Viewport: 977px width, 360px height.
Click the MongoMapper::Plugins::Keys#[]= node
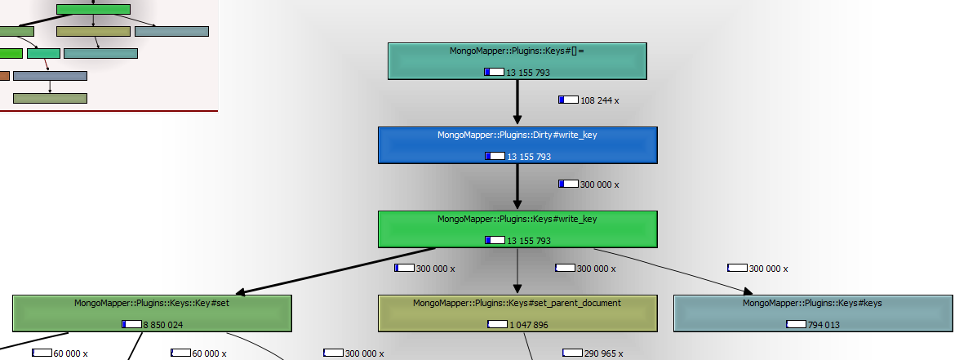[517, 61]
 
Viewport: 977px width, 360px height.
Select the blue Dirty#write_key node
[517, 145]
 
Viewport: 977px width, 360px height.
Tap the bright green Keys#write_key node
[517, 229]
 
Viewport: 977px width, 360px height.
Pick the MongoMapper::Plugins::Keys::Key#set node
[152, 313]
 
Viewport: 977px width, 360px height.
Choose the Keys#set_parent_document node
[517, 313]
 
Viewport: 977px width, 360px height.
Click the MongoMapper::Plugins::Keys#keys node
[813, 313]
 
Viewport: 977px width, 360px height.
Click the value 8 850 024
[163, 325]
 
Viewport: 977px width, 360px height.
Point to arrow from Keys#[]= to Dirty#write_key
[517, 103]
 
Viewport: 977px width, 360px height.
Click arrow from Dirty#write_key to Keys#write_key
[517, 187]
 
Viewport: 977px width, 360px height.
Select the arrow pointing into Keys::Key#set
[335, 270]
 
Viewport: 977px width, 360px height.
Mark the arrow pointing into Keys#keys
[673, 271]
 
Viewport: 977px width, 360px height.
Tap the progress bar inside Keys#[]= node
[494, 73]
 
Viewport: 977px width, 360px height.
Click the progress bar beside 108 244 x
[568, 100]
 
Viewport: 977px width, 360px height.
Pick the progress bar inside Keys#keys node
[797, 324]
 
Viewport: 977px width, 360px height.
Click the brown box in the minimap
[4, 76]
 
